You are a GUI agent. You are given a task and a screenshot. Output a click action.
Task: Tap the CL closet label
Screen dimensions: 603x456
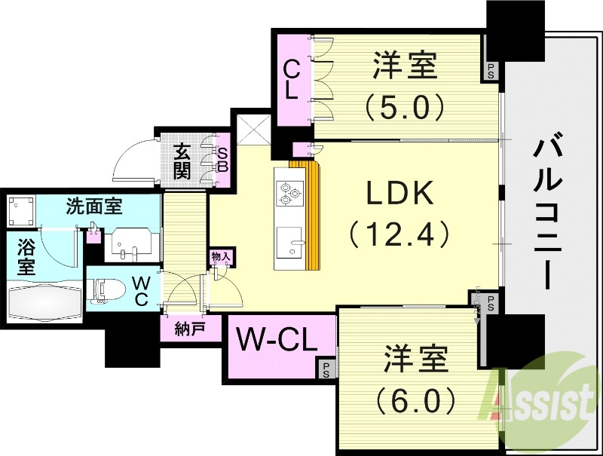click(x=291, y=81)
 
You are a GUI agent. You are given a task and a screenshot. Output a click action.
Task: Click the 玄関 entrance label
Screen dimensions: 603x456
click(x=183, y=160)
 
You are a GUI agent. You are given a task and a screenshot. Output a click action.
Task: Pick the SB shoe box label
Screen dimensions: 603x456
click(x=222, y=160)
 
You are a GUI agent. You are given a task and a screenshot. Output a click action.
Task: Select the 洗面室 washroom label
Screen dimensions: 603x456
click(x=95, y=204)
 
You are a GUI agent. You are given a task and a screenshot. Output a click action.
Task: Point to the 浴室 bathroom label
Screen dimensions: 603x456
click(x=25, y=256)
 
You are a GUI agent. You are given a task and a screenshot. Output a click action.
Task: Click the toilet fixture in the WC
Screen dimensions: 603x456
click(x=106, y=291)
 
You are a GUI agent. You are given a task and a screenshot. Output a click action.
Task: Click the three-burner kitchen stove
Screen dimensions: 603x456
click(x=289, y=193)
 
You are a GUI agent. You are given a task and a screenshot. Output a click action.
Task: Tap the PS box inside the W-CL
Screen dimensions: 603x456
click(x=326, y=369)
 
